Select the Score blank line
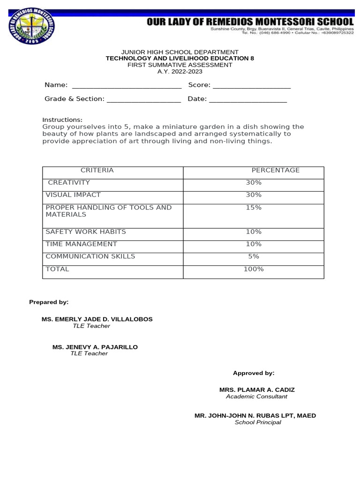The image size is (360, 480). pos(252,87)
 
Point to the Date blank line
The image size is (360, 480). pos(248,101)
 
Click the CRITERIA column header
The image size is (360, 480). pos(97,170)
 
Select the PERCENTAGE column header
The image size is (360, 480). pos(275,170)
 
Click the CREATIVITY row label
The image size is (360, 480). pos(69,182)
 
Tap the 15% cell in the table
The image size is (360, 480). pos(254,207)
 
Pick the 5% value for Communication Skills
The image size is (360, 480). pos(254,256)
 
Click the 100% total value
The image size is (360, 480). pos(254,269)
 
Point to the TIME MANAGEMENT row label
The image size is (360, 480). pos(81,244)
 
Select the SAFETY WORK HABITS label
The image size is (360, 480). pos(85,232)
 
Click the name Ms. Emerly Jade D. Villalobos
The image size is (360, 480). pos(97,319)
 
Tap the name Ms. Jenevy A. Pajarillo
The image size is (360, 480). pos(95,347)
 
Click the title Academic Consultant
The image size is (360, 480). pos(256,397)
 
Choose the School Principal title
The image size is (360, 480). pos(258,422)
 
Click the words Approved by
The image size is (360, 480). pos(254,373)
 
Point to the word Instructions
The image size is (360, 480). pos(62,120)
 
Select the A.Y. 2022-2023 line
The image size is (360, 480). pos(180,72)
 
